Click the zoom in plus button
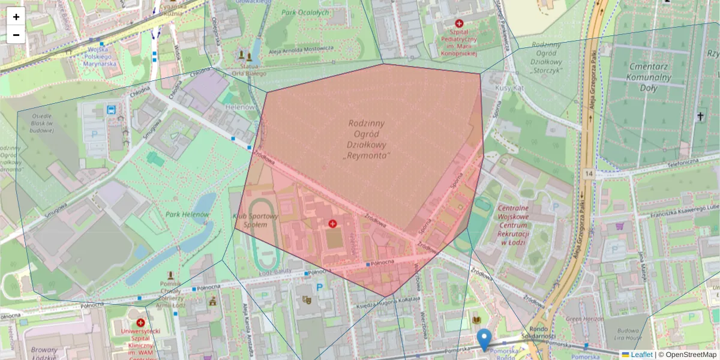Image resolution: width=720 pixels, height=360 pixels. pos(16,17)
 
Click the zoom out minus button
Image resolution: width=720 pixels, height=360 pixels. pos(16,35)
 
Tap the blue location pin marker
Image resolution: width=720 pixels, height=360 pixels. pos(484,340)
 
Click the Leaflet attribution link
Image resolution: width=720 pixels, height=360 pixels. pos(641,355)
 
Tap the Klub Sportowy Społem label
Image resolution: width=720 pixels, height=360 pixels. pos(256,220)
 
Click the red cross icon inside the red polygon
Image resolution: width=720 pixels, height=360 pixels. pos(332,224)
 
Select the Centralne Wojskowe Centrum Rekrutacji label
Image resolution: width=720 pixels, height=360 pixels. pos(512,225)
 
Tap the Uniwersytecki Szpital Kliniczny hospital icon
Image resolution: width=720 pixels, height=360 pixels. pos(140,322)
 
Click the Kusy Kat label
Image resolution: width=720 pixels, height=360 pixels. pos(509,88)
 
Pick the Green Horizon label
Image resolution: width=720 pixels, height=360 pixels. pos(584,319)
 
